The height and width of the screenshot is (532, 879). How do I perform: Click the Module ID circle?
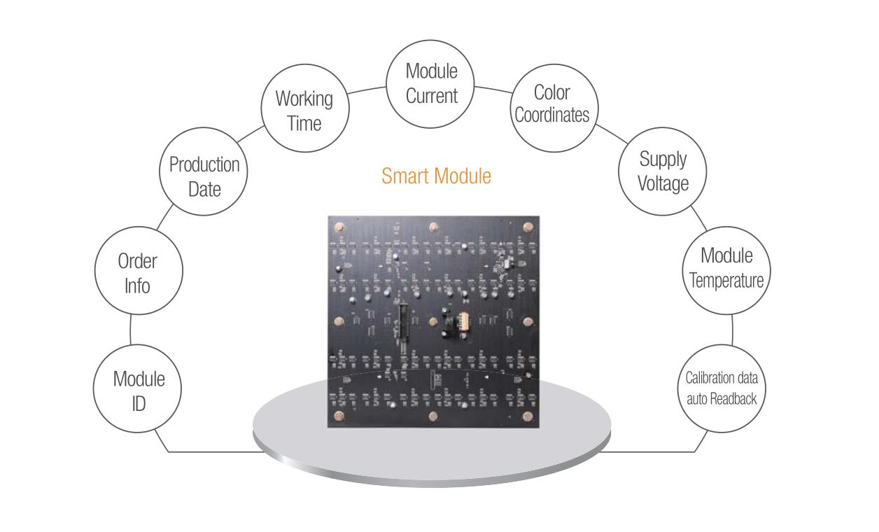coord(139,391)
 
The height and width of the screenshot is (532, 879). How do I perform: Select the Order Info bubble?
coord(138,274)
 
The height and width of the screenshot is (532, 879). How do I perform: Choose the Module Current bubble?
coord(431,83)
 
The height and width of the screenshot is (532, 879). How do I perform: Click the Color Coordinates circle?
coord(552,104)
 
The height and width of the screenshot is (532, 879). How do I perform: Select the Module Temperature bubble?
coord(726,267)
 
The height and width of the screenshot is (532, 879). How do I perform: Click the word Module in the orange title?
coord(463,176)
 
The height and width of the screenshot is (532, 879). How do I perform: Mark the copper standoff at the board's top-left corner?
coord(340,227)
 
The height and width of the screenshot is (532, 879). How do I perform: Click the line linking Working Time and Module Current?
coord(367,90)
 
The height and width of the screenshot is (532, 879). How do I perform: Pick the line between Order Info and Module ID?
coord(131,332)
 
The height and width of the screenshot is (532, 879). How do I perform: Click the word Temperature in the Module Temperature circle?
coord(726,281)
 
